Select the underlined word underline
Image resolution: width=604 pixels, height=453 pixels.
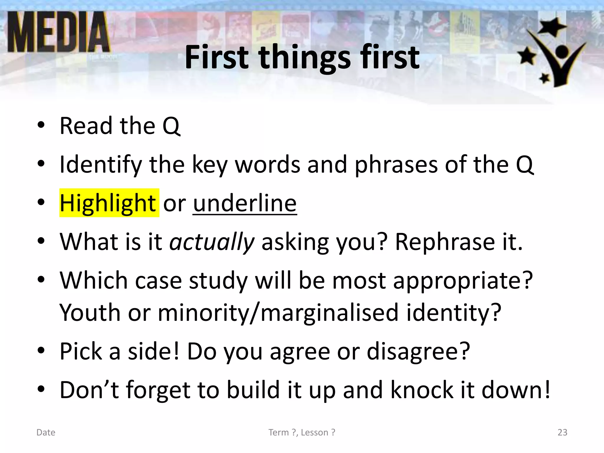pos(245,203)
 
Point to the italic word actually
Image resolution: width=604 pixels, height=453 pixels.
pos(212,242)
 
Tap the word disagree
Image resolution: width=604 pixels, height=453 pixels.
pos(418,351)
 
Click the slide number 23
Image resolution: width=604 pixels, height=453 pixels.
pos(562,432)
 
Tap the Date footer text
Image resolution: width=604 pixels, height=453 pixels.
pos(46,432)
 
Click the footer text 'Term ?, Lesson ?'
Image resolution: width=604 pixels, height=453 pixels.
pos(302,432)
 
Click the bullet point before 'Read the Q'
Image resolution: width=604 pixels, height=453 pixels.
pos(41,125)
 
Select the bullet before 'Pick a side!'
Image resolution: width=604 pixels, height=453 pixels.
pos(41,351)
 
